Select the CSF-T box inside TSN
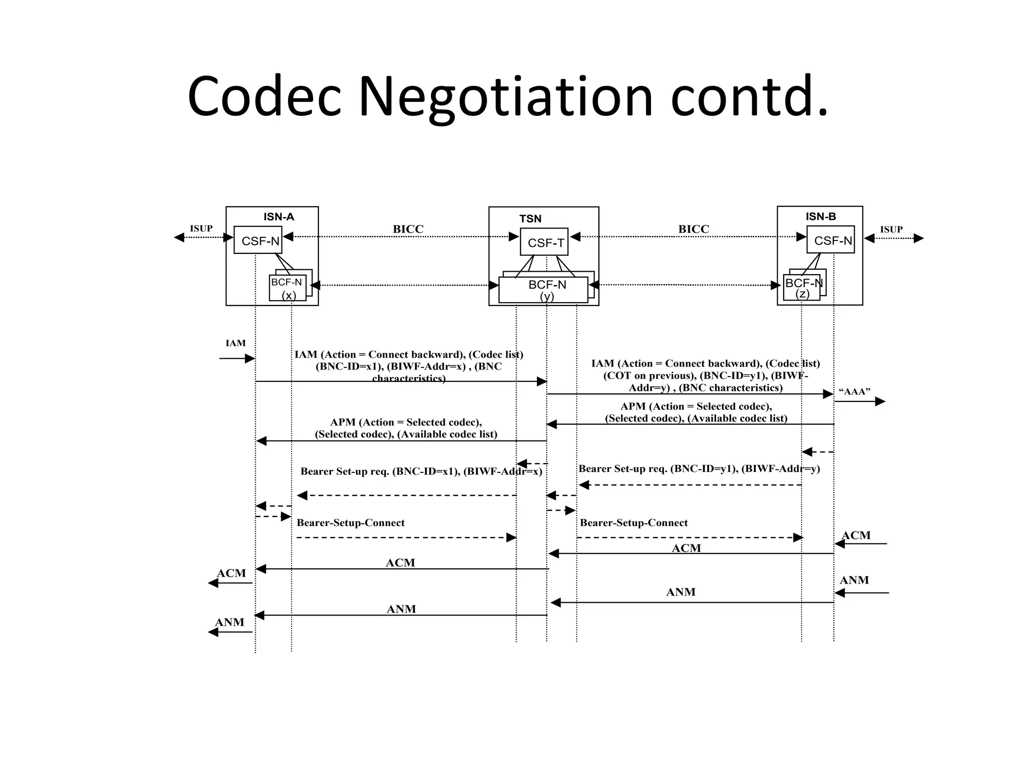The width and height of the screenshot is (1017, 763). (544, 242)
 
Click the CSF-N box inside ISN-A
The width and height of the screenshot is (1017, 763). (258, 241)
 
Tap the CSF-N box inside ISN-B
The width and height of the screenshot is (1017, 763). (831, 240)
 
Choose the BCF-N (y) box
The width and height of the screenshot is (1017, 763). (544, 290)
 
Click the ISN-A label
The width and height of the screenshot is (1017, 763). (279, 217)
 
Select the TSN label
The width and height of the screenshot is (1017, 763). (530, 219)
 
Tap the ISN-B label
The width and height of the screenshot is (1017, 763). (820, 217)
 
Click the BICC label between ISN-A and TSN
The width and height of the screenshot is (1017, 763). (408, 229)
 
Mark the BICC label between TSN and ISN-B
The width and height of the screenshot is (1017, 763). (694, 229)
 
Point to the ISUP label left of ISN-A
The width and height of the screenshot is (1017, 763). (201, 229)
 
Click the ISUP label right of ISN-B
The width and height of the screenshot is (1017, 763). (891, 229)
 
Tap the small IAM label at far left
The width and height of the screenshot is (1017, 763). (235, 343)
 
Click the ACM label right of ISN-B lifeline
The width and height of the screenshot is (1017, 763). (856, 535)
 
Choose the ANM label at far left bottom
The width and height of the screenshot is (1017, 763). (229, 622)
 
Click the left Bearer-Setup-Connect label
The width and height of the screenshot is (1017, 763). (351, 523)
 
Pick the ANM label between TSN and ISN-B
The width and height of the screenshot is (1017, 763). (681, 592)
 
